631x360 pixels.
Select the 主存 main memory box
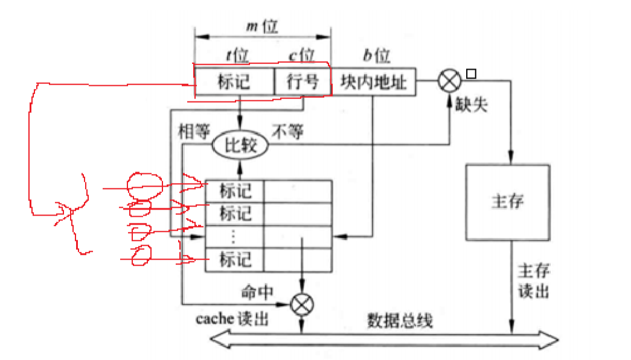tap(507, 202)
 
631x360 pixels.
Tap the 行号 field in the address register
tap(303, 82)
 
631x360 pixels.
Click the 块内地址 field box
tap(373, 82)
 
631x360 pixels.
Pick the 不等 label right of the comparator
tap(288, 132)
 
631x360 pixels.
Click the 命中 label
tap(257, 292)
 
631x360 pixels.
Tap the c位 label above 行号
tap(301, 56)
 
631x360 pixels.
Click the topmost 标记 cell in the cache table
tap(235, 191)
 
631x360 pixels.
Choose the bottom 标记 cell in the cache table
tap(235, 260)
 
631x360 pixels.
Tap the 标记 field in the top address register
tap(235, 82)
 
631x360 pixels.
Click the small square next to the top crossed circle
tap(472, 74)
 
